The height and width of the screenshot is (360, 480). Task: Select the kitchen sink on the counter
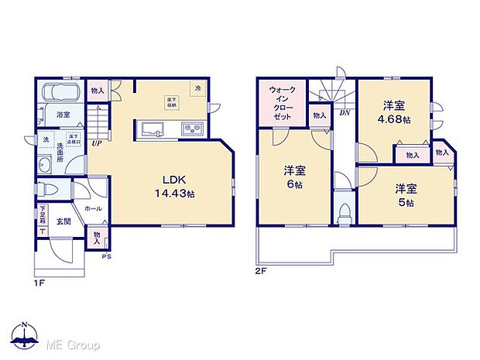[x=153, y=129]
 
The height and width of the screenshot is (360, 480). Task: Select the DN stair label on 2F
[x=344, y=113]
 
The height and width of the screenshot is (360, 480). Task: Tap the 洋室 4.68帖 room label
[x=393, y=113]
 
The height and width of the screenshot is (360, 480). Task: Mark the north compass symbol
[x=26, y=334]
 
